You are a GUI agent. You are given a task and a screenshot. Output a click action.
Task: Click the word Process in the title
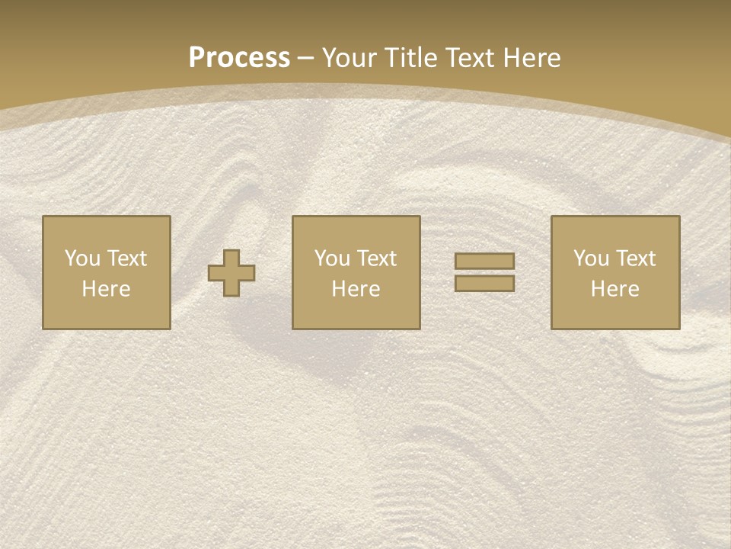[x=239, y=58]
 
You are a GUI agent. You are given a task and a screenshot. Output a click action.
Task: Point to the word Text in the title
[x=471, y=58]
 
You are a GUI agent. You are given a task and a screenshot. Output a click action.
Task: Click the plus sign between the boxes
[x=231, y=272]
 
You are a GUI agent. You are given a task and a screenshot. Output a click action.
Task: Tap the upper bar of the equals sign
[x=484, y=262]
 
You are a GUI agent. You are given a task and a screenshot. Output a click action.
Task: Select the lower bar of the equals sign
[x=484, y=283]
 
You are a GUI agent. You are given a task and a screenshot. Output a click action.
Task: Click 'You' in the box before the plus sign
[x=82, y=258]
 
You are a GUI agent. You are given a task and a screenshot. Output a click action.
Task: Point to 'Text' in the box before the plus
[x=126, y=258]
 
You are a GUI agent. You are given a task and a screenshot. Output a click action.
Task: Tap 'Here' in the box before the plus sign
[x=106, y=289]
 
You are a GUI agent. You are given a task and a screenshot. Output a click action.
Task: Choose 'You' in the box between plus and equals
[x=332, y=258]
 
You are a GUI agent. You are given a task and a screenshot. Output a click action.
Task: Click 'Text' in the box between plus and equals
[x=375, y=258]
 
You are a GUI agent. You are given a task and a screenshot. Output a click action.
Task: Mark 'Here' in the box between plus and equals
[x=356, y=289]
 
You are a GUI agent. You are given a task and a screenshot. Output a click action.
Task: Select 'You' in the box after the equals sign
[x=591, y=258]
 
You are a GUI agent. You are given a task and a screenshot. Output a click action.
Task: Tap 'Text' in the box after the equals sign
[x=634, y=258]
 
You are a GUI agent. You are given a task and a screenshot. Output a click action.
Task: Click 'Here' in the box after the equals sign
[x=614, y=289]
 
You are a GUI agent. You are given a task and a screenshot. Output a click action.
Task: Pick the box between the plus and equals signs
[x=356, y=313]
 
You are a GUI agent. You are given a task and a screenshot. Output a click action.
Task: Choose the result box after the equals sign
[x=614, y=313]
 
